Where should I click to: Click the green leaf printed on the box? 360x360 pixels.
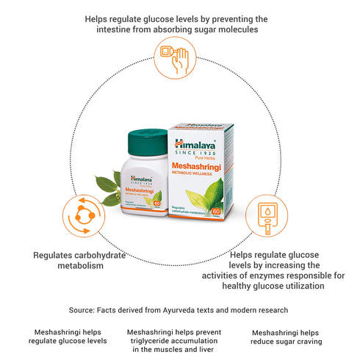coord(204,195)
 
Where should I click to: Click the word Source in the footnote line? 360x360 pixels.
coord(82,311)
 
